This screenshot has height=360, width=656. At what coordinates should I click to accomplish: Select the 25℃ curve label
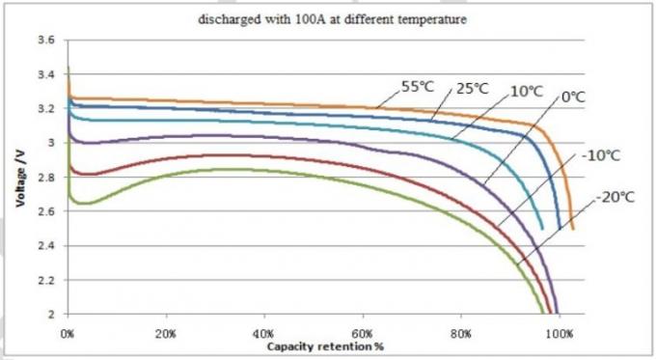pyautogui.click(x=473, y=88)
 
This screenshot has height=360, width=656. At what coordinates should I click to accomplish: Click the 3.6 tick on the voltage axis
pyautogui.click(x=46, y=41)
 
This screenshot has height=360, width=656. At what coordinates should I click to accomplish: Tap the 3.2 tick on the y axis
pyautogui.click(x=46, y=109)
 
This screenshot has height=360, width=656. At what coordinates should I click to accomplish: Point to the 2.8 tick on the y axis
pyautogui.click(x=46, y=178)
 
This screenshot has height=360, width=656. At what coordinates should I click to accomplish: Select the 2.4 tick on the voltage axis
pyautogui.click(x=46, y=246)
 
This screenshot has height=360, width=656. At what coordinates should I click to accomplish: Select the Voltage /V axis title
pyautogui.click(x=19, y=178)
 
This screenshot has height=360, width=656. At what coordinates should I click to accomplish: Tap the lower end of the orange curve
pyautogui.click(x=572, y=228)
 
